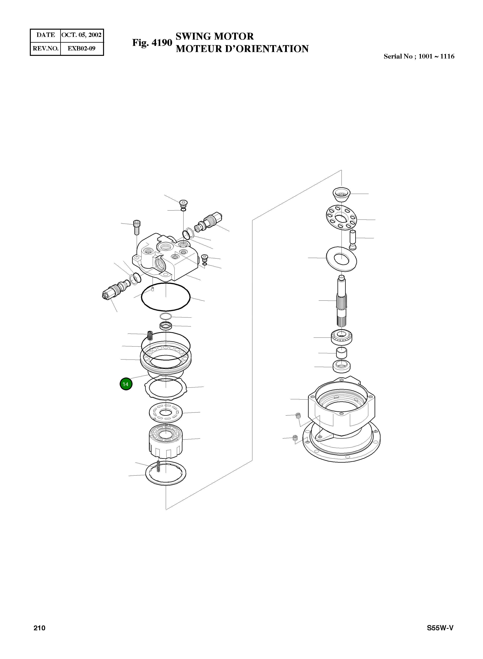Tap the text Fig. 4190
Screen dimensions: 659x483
[x=152, y=43]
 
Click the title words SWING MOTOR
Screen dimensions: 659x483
[x=214, y=36]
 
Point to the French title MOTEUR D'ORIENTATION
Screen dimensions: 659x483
[x=242, y=49]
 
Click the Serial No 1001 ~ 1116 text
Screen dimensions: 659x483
[x=419, y=56]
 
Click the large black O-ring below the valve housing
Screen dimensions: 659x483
[x=165, y=297]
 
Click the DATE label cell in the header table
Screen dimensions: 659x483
[x=46, y=35]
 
